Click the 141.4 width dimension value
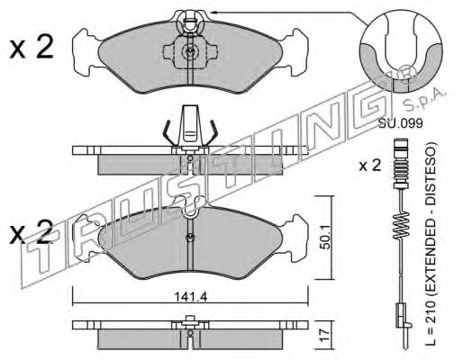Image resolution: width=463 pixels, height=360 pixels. point(191,297)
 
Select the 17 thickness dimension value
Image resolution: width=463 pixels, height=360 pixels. point(325,335)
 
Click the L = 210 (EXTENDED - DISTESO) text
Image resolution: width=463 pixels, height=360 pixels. point(431,244)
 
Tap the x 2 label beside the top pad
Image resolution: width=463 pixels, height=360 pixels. point(32,47)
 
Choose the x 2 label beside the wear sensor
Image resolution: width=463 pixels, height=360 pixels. point(369,166)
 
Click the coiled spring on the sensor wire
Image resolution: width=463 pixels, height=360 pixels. point(401,226)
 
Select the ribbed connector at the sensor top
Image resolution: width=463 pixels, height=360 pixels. point(401,164)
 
